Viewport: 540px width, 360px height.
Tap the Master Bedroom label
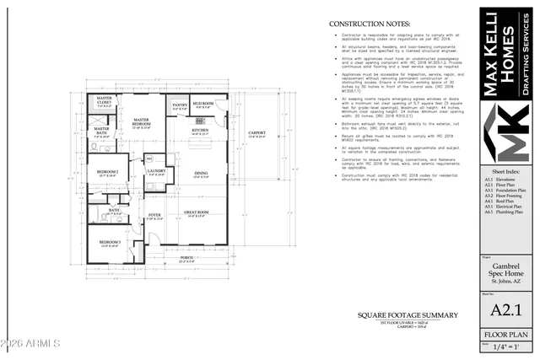[x=142, y=123]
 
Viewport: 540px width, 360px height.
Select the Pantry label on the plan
[x=180, y=106]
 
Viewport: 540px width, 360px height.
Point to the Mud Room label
[x=202, y=106]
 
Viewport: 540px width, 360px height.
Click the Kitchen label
[x=200, y=132]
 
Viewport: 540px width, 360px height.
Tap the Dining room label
[x=202, y=175]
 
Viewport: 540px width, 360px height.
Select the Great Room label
[x=196, y=213]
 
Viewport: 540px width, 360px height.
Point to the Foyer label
[x=154, y=216]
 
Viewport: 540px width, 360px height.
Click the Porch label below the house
[x=187, y=259]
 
